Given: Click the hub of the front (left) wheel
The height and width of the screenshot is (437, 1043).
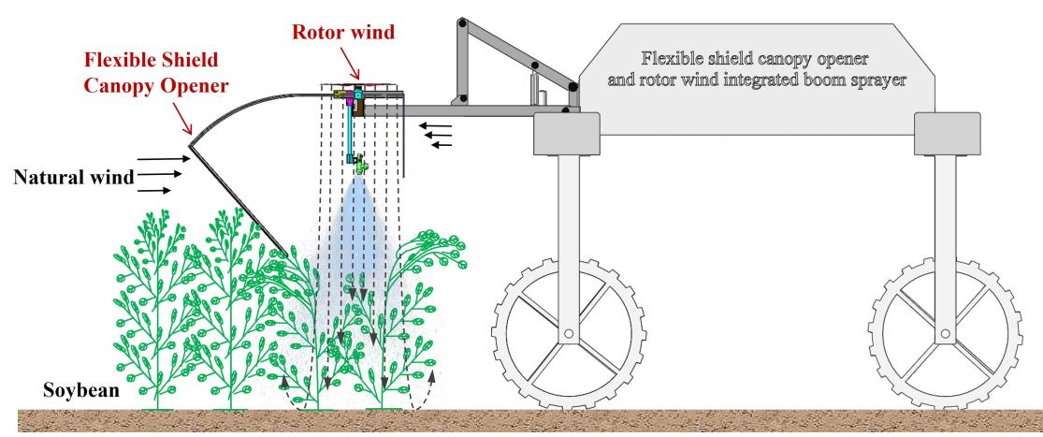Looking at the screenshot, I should (567, 333).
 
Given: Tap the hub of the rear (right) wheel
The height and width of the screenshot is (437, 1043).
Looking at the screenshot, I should (945, 333).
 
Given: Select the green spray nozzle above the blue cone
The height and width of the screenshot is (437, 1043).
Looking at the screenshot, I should (359, 166).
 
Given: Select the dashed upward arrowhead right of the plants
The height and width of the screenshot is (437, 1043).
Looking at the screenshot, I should (433, 378).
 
